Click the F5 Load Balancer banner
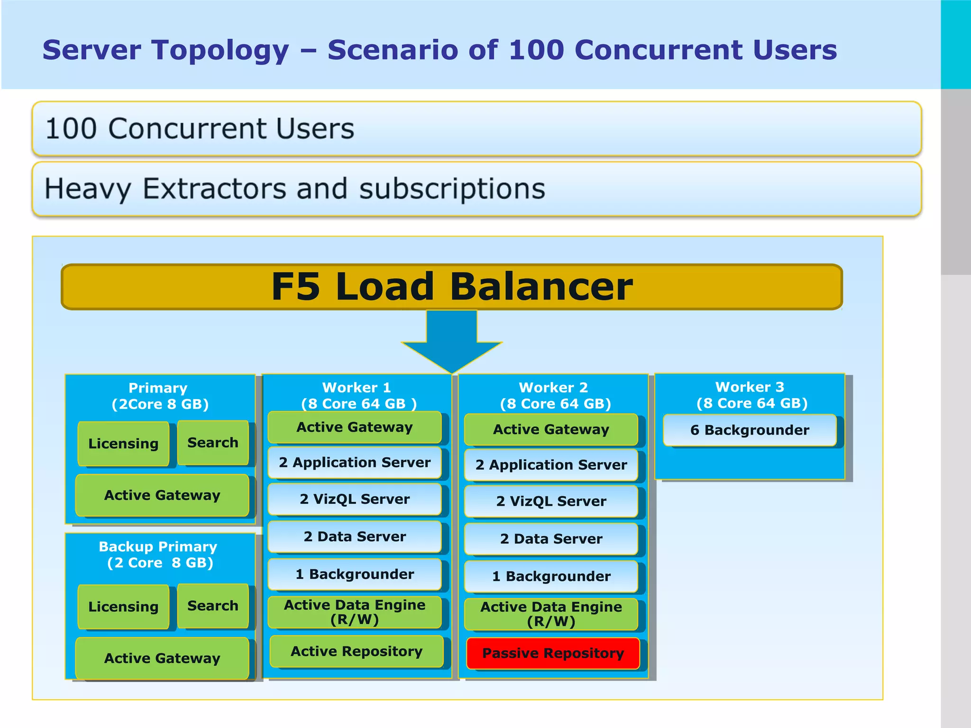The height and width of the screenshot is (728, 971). [x=451, y=287]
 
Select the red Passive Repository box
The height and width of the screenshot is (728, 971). [x=553, y=653]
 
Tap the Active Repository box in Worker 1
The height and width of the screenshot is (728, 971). [x=356, y=651]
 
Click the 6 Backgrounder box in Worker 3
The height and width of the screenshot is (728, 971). [x=749, y=430]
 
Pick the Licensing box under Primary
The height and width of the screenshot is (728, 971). [x=123, y=443]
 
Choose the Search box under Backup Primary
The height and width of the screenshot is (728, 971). [x=212, y=606]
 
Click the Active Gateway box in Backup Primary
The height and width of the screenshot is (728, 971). [x=162, y=658]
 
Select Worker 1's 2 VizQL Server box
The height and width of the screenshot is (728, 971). [x=354, y=499]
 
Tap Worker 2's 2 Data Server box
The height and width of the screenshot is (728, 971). [x=551, y=539]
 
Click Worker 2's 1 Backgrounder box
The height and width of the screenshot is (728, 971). [x=551, y=576]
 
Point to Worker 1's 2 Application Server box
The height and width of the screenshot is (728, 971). [x=354, y=463]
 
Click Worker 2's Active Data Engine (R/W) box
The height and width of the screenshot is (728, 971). [x=551, y=614]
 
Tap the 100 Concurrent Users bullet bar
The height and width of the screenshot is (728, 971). [x=476, y=128]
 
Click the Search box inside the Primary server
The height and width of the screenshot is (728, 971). [x=212, y=442]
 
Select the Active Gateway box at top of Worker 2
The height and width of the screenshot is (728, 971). [x=551, y=429]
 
